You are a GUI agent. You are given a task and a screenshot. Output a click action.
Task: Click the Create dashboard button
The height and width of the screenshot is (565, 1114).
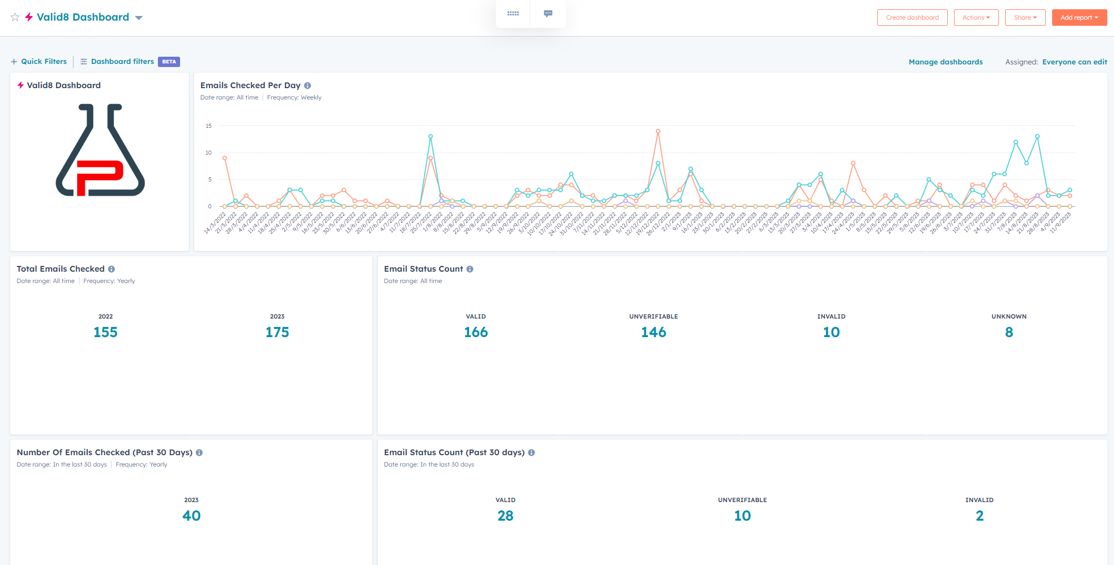(912, 18)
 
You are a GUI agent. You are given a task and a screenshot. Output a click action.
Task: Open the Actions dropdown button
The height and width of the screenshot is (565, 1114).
(976, 18)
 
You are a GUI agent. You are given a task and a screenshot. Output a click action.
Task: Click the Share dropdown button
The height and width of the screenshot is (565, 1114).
(1025, 18)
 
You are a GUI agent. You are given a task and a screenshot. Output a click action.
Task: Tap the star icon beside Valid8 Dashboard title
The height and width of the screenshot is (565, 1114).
(15, 17)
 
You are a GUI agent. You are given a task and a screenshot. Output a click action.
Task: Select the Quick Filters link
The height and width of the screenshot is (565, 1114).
(39, 61)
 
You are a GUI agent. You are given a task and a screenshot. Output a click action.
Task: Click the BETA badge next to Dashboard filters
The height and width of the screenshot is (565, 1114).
(169, 62)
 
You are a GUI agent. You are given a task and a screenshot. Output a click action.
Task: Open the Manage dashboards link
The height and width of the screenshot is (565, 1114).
(945, 62)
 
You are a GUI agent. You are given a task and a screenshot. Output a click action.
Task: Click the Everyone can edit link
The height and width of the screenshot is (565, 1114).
(1074, 62)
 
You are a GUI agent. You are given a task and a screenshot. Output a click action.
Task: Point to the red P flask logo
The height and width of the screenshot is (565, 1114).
(100, 150)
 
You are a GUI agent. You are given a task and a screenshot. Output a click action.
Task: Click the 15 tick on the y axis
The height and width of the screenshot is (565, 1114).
(208, 126)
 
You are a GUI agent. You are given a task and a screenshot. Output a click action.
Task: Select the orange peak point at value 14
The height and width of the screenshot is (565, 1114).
(658, 131)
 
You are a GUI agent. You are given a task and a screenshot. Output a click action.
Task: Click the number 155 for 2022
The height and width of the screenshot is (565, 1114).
(105, 332)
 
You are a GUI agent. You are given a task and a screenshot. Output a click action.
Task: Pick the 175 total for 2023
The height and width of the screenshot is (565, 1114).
(277, 332)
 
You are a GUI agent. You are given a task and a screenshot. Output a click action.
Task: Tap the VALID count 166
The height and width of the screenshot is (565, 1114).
(476, 332)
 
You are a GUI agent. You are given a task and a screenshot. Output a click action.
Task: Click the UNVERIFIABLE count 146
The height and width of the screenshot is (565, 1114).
(653, 332)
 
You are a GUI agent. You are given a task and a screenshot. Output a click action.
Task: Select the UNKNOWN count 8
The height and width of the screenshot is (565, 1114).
(1009, 332)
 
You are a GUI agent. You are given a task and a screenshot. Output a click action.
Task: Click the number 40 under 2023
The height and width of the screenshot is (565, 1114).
(191, 516)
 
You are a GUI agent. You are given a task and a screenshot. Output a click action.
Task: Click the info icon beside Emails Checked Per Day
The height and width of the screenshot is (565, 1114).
(308, 86)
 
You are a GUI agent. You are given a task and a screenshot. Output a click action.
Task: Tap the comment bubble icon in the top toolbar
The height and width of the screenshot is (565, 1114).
(548, 13)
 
